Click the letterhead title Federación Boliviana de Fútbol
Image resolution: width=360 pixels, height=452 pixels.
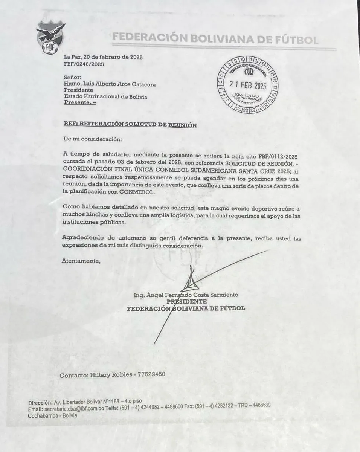(x=215, y=38)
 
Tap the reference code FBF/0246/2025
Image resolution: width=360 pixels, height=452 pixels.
(x=84, y=64)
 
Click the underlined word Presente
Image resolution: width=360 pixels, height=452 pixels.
(x=80, y=102)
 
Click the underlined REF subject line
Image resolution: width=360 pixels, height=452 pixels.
(x=130, y=125)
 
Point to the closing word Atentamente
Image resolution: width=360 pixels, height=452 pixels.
(x=82, y=261)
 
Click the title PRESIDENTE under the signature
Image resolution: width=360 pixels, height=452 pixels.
(x=187, y=302)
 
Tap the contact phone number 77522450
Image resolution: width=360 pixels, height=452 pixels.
(x=151, y=375)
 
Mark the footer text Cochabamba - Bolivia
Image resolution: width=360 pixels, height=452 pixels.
(x=52, y=415)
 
